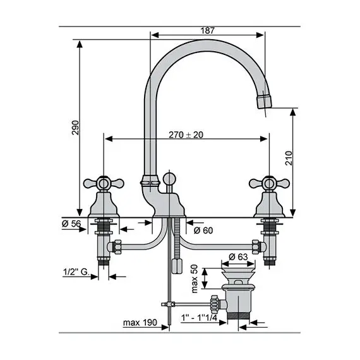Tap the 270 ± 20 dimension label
(x=186, y=135)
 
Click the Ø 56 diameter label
(x=70, y=224)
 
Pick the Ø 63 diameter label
(x=238, y=256)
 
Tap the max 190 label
(x=140, y=323)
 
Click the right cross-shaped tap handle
(x=267, y=184)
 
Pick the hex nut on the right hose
(x=255, y=246)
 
